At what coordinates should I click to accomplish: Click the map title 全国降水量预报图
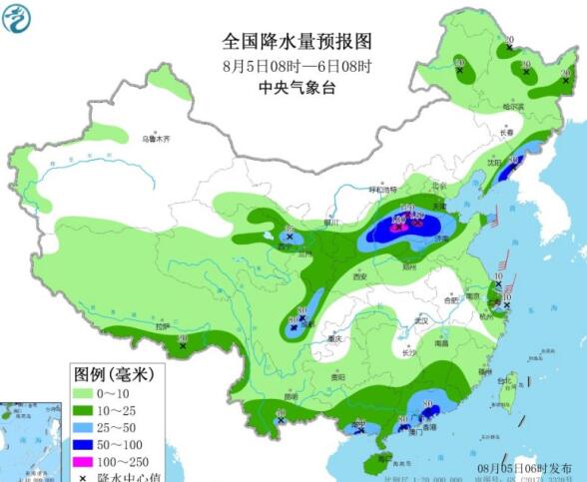click(x=296, y=42)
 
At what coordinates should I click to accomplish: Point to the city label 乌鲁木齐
click(x=156, y=139)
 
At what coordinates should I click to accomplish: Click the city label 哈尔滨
click(x=514, y=105)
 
